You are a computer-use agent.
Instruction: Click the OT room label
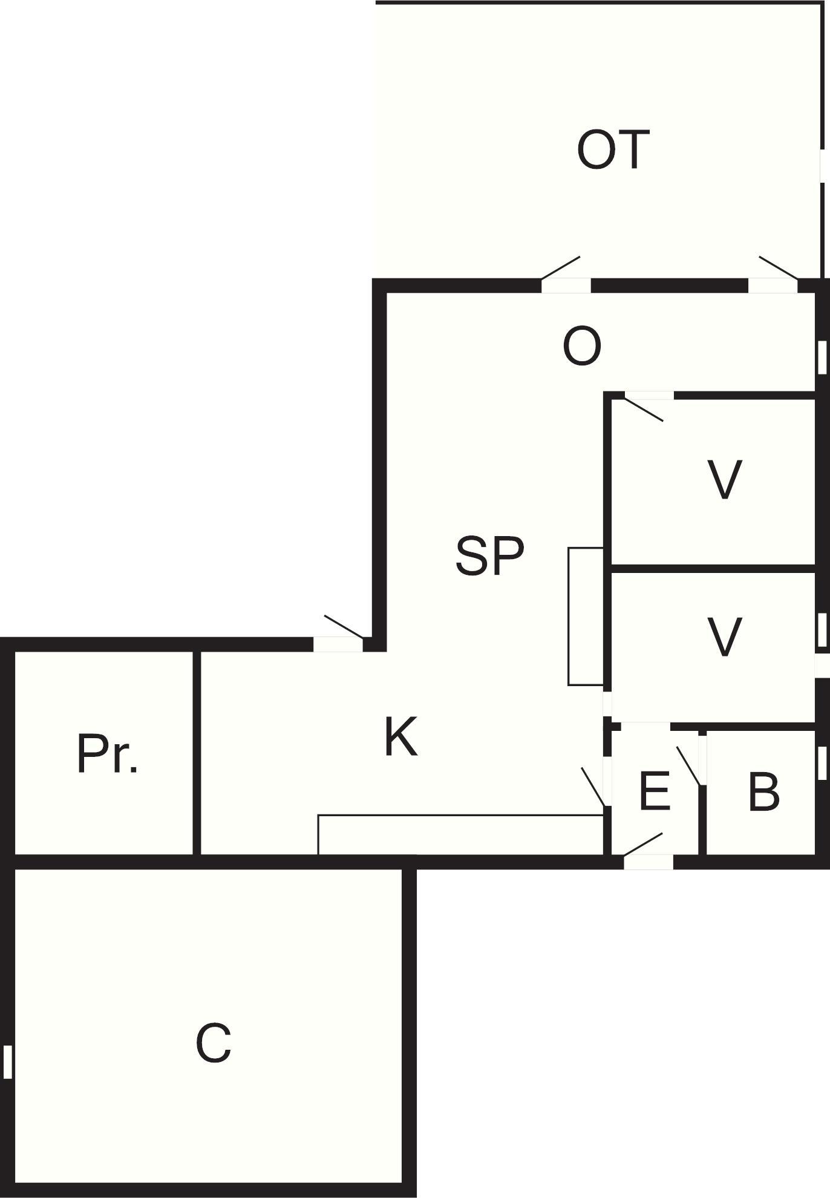[x=613, y=149]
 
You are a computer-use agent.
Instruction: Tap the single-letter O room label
[x=582, y=346]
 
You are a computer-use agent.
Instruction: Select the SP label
[x=489, y=556]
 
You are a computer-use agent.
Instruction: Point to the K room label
[x=401, y=736]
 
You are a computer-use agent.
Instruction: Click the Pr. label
[x=108, y=754]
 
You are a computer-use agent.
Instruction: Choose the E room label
[x=655, y=791]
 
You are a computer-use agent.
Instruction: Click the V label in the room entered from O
[x=724, y=480]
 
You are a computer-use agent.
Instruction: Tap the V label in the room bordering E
[x=724, y=637]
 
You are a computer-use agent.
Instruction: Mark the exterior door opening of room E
[x=648, y=862]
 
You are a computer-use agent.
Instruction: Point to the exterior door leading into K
[x=338, y=644]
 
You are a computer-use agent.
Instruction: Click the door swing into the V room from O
[x=644, y=408]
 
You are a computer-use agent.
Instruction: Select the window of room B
[x=822, y=762]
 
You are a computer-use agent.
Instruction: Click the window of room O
[x=822, y=358]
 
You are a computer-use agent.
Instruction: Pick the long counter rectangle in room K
[x=461, y=835]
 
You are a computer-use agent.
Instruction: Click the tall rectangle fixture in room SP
[x=586, y=617]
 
